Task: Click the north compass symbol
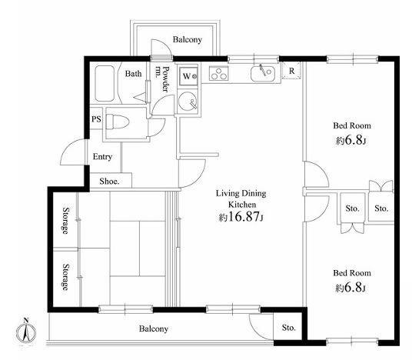coord(26,332)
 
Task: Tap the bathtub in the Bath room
coord(105,83)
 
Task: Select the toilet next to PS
coord(117,122)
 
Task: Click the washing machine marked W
coord(188,76)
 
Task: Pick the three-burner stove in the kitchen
coord(218,73)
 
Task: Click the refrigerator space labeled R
coord(291,71)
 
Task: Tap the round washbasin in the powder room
coord(188,102)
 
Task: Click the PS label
coord(96,119)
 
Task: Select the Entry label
coord(102,157)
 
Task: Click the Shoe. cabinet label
coord(109,182)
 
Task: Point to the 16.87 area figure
coord(244,217)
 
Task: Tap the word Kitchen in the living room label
coord(242,205)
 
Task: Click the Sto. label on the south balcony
coord(288,328)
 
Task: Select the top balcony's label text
coord(188,39)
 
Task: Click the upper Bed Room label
coord(352,125)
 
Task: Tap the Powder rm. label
coord(162,79)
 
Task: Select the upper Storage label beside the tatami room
coord(65,221)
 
